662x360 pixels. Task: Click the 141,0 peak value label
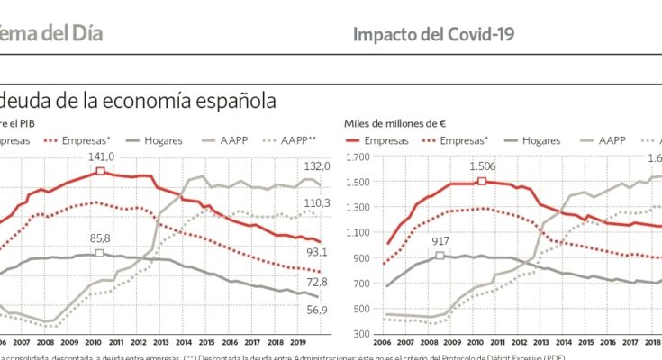click(101, 157)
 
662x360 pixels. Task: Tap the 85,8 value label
click(99, 238)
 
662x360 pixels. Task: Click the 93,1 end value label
click(318, 251)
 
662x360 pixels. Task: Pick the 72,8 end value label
click(318, 283)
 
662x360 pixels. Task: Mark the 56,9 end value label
click(318, 310)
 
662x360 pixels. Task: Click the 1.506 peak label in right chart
click(483, 166)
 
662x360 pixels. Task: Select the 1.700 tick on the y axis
click(358, 157)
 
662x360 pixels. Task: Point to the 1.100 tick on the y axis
click(358, 232)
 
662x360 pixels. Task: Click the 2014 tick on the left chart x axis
click(183, 342)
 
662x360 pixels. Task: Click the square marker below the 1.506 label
click(482, 182)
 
